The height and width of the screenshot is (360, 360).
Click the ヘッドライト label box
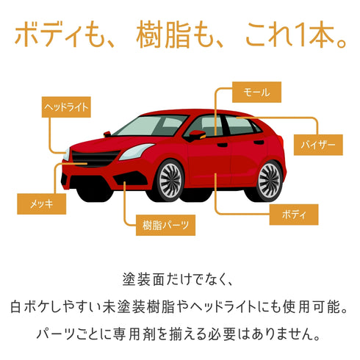(x=66, y=107)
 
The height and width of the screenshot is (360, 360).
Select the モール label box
(x=256, y=92)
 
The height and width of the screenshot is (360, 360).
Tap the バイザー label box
(x=318, y=145)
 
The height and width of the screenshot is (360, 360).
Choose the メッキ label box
(x=42, y=204)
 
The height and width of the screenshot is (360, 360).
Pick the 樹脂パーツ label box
(x=165, y=226)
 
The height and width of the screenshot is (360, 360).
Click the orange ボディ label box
(x=294, y=215)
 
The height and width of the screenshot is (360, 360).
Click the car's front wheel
(x=170, y=181)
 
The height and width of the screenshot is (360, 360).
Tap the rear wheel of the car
(x=269, y=181)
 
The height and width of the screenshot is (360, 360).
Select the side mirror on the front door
(x=196, y=135)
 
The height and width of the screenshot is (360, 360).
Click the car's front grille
(x=95, y=158)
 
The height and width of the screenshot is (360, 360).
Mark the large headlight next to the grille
(x=136, y=151)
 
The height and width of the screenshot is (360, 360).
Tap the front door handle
(x=222, y=145)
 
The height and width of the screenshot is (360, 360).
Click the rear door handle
(x=259, y=143)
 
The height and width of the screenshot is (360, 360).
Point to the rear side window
(x=240, y=125)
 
